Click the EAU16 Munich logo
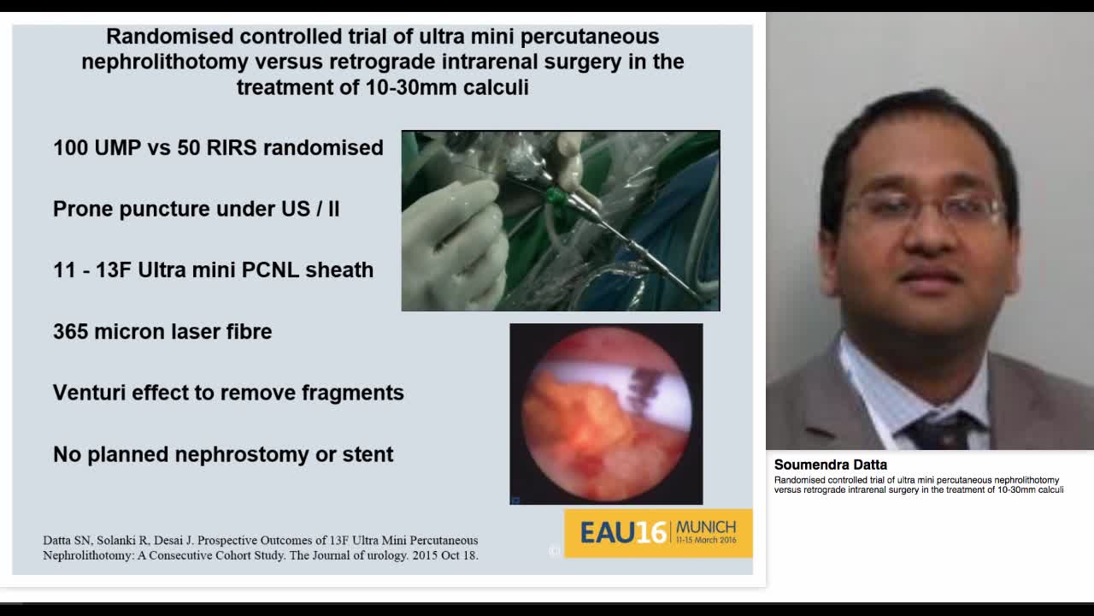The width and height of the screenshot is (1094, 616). pos(658,532)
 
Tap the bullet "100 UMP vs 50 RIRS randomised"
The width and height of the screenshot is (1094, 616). pos(218,148)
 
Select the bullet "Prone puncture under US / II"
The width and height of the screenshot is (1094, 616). pos(197,209)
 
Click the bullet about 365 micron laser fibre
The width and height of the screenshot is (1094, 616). pos(162,332)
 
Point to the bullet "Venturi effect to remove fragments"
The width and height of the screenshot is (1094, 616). pos(228,393)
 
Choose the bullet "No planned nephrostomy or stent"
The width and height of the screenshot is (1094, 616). pos(223,454)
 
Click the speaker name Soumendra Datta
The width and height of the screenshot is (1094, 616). pos(830,465)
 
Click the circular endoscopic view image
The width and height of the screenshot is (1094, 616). pos(606,414)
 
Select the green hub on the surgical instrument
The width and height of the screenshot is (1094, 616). pos(557,198)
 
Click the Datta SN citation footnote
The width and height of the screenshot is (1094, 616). pos(261,548)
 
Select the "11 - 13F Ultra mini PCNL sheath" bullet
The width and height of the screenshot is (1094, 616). pos(213,270)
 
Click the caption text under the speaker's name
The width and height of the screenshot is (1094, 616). pos(919,485)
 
